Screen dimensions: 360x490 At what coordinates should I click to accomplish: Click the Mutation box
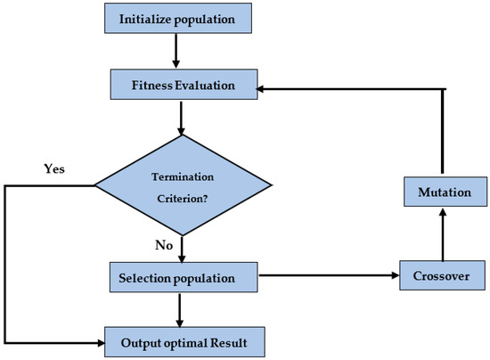click(443, 192)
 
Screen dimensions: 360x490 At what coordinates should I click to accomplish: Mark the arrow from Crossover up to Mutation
click(443, 233)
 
